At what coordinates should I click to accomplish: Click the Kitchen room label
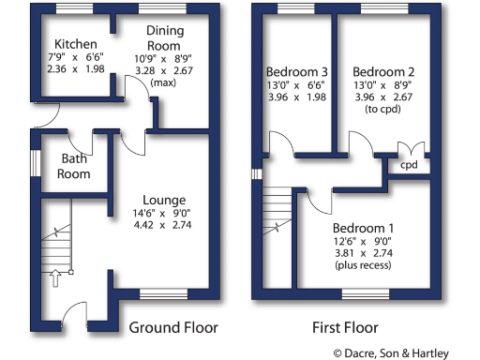coord(74,44)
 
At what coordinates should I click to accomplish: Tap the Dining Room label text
coord(164,37)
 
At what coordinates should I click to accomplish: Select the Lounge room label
coord(164,200)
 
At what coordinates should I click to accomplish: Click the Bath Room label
coord(75,166)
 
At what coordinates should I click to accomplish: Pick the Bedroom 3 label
coord(297,71)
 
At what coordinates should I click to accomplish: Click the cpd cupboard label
coord(410,166)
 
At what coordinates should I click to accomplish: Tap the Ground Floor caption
coord(173,328)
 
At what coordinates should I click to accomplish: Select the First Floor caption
coord(345,328)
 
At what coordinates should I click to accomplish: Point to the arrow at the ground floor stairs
coord(54,277)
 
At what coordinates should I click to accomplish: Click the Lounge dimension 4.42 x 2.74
coord(164,225)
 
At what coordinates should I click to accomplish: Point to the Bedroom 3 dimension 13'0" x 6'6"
coord(297,84)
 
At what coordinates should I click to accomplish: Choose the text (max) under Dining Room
coord(164,82)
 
